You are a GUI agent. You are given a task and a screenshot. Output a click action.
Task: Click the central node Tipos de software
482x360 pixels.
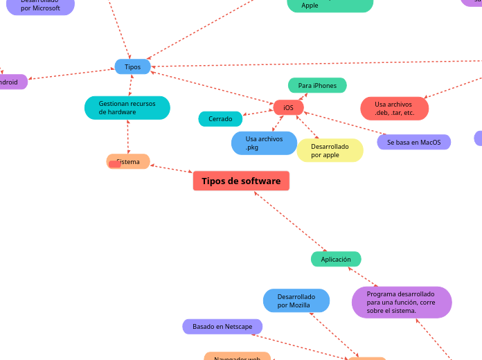click(241, 181)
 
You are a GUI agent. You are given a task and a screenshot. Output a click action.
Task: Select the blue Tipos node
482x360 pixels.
click(132, 66)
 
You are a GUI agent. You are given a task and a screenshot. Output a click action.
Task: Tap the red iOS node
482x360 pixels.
click(288, 107)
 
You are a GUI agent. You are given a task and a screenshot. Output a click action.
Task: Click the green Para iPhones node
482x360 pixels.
click(317, 85)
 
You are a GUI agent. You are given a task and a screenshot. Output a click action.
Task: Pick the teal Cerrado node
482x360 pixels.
click(220, 119)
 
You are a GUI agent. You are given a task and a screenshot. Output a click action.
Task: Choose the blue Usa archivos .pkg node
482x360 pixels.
click(264, 143)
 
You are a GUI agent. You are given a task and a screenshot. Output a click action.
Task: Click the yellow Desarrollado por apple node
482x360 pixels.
click(330, 150)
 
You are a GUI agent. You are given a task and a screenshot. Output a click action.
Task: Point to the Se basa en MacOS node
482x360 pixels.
click(413, 142)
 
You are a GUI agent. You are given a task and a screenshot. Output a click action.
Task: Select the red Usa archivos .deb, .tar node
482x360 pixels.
click(394, 108)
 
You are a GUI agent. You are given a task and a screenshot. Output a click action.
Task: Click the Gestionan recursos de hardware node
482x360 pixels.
click(127, 107)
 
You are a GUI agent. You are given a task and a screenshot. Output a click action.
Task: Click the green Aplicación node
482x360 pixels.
click(336, 259)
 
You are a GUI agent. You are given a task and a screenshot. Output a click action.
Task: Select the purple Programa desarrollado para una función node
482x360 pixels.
click(401, 303)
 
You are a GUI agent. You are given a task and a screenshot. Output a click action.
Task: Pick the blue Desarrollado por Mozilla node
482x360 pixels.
click(296, 300)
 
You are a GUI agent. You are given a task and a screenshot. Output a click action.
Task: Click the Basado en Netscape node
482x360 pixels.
click(222, 326)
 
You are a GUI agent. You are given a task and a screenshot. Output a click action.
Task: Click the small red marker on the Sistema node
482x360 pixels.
click(115, 164)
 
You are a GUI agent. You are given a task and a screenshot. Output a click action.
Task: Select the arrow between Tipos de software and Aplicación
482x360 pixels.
click(290, 222)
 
